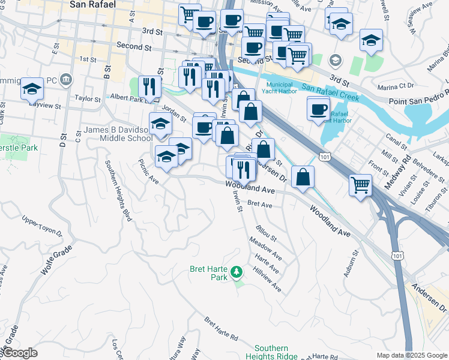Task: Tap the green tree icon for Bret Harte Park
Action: [237, 273]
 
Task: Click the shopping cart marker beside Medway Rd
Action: [360, 184]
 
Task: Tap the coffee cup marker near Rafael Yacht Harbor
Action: [318, 109]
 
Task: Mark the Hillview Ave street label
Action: [268, 280]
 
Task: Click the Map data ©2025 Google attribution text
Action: [412, 355]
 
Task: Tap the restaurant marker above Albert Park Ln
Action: [149, 86]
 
